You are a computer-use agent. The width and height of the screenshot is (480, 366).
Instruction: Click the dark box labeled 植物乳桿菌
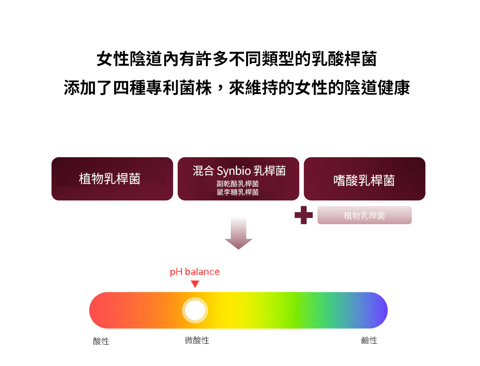pos(112,179)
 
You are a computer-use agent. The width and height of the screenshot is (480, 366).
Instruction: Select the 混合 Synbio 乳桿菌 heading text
pos(239,170)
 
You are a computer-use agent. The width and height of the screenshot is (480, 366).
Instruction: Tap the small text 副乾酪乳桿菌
pos(238,184)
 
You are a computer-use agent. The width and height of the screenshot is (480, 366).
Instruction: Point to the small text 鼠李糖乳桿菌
pos(238,192)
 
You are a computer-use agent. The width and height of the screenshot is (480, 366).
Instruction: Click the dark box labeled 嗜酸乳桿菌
pos(364,179)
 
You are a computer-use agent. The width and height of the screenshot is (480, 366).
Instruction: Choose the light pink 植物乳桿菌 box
pos(364,215)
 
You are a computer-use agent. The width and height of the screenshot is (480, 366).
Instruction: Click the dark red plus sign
pos(304,215)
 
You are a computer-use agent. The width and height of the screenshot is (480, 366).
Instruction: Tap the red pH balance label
pos(195,272)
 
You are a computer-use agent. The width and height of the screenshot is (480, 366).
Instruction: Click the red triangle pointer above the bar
pos(195,284)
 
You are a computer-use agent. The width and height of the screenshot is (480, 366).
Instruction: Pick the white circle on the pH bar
pos(195,311)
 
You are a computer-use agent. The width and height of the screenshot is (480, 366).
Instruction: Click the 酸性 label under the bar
pos(101,341)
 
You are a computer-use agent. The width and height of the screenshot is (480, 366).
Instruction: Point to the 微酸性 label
pos(197,340)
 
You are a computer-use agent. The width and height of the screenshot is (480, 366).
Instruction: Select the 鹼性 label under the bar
pos(369,340)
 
